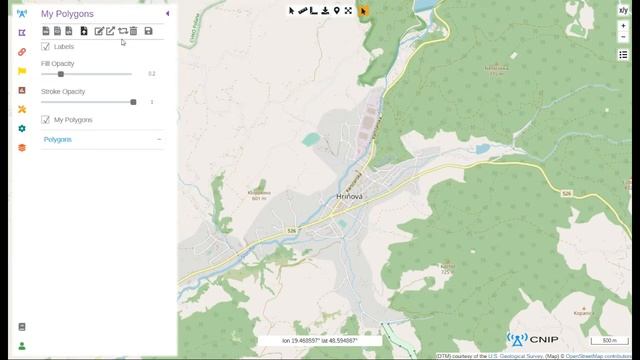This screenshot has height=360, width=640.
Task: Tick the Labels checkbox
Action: coord(46,46)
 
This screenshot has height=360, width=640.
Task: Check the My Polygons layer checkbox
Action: coord(46,120)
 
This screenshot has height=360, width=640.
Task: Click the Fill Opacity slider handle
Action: coord(61,74)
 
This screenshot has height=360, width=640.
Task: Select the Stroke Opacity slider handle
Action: coord(133,102)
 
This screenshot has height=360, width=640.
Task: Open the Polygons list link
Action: coord(58,140)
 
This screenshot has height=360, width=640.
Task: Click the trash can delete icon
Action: coord(134,31)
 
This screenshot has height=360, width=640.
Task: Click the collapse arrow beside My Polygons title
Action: coord(167,14)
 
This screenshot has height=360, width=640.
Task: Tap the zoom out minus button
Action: coord(623,38)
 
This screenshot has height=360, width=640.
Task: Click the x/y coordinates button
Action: coord(623,11)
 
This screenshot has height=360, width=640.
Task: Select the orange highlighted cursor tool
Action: coord(363,11)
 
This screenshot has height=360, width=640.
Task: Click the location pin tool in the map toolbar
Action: coord(336,11)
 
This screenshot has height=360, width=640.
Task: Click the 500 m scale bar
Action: coord(608,341)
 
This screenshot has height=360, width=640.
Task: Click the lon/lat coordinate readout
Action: coord(319,341)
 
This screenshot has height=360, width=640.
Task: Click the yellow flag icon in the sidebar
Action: coord(22,71)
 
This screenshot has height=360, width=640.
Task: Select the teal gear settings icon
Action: coord(22,128)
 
